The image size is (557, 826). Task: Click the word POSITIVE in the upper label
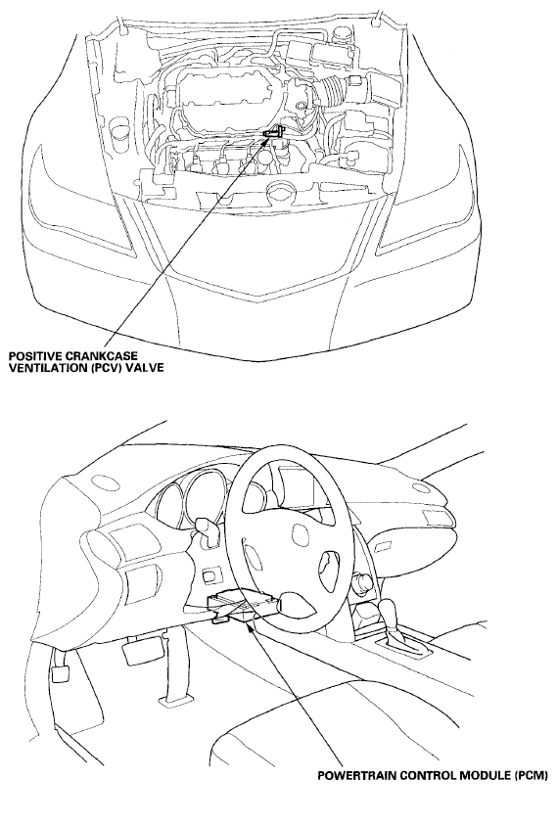click(31, 356)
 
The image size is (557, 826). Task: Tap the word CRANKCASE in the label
click(85, 356)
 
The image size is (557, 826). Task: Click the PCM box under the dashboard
click(243, 606)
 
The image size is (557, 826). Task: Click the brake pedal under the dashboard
click(139, 651)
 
